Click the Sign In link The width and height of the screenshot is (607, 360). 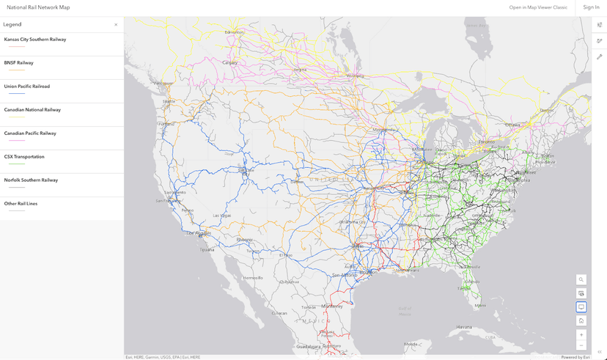click(591, 7)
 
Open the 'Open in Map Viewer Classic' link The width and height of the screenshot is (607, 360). click(538, 7)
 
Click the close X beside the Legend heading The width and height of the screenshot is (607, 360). click(116, 25)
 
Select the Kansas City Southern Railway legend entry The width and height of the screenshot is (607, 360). click(35, 40)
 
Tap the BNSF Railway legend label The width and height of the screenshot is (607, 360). click(19, 63)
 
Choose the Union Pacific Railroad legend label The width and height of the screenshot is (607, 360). click(27, 87)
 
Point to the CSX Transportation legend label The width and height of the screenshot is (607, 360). click(24, 157)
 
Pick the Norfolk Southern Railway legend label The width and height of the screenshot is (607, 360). click(31, 180)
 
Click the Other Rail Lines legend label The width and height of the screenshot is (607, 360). click(21, 204)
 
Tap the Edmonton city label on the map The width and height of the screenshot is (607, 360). click(234, 32)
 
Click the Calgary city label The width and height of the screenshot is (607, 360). click(230, 62)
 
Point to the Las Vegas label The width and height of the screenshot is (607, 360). click(221, 216)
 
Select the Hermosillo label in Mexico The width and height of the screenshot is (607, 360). click(253, 278)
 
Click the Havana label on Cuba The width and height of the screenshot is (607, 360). click(464, 326)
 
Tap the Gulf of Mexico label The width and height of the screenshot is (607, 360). click(405, 309)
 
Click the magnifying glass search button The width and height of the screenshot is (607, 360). click(581, 279)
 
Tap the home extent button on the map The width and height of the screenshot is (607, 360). click(581, 320)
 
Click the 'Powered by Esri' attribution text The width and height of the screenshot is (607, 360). click(575, 357)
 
